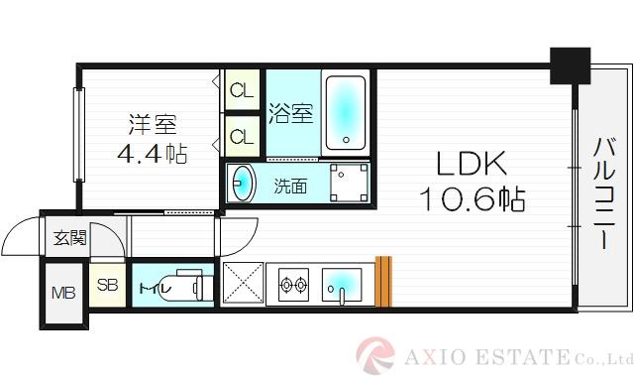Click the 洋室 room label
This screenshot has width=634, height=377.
pyautogui.click(x=152, y=126)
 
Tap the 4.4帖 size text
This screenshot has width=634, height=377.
pyautogui.click(x=152, y=154)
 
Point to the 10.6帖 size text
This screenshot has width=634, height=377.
pyautogui.click(x=470, y=199)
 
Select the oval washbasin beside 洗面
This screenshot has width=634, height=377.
pyautogui.click(x=242, y=184)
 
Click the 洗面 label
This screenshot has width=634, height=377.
pyautogui.click(x=290, y=185)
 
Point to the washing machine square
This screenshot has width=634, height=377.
pyautogui.click(x=348, y=183)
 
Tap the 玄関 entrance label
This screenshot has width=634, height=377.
pyautogui.click(x=69, y=238)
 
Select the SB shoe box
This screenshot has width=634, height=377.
pyautogui.click(x=108, y=286)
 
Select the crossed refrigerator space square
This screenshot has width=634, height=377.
pyautogui.click(x=241, y=284)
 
